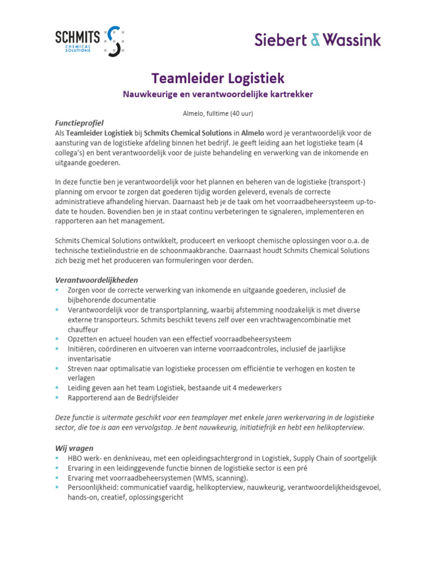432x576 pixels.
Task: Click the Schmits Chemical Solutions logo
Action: point(89,41)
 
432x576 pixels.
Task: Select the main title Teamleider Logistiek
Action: point(218,78)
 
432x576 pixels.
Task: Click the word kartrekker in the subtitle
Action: point(289,94)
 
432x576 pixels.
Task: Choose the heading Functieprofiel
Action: point(79,123)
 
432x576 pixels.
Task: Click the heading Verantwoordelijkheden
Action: point(96,280)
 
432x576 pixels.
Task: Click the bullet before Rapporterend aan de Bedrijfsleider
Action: point(57,398)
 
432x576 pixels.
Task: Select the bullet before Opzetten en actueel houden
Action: point(57,339)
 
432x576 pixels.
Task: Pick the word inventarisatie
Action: point(89,358)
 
